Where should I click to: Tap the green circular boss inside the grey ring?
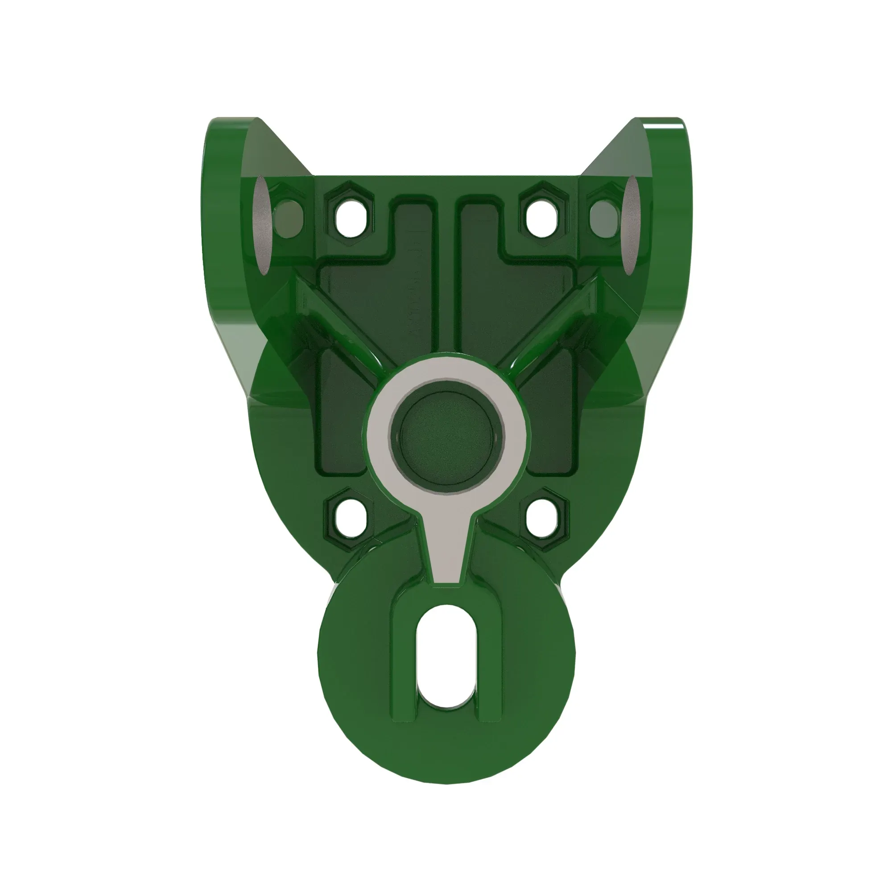point(446,436)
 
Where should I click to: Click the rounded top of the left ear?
point(231,127)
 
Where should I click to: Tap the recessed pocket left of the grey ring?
point(342,416)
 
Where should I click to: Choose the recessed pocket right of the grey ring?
point(552,416)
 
